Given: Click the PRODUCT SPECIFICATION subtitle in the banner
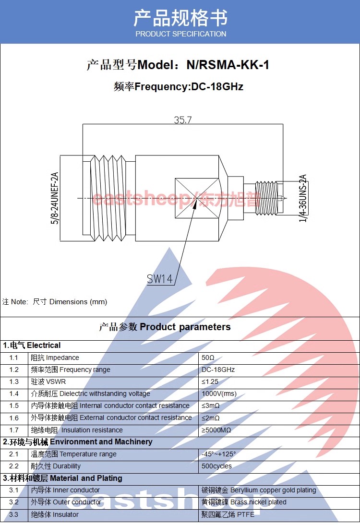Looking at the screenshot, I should point(180,34).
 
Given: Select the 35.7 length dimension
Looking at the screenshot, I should point(182,120).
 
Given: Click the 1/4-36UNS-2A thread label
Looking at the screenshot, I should point(303,198).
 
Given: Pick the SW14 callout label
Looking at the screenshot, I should point(160,279).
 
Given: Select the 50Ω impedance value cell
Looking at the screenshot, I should point(208,358).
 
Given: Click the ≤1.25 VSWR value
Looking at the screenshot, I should point(210,382).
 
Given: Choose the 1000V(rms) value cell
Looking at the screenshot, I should point(219,394).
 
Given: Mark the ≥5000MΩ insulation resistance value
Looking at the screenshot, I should point(216,430).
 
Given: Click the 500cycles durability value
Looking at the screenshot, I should point(216,466).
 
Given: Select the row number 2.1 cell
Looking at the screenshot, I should point(14,454).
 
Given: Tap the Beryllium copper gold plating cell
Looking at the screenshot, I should point(259,490).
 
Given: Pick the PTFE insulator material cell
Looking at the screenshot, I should point(228,514).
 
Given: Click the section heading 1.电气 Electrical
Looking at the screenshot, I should point(32,346).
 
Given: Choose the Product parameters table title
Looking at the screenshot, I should point(165,327).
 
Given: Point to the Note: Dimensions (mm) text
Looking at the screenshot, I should point(55,302).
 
